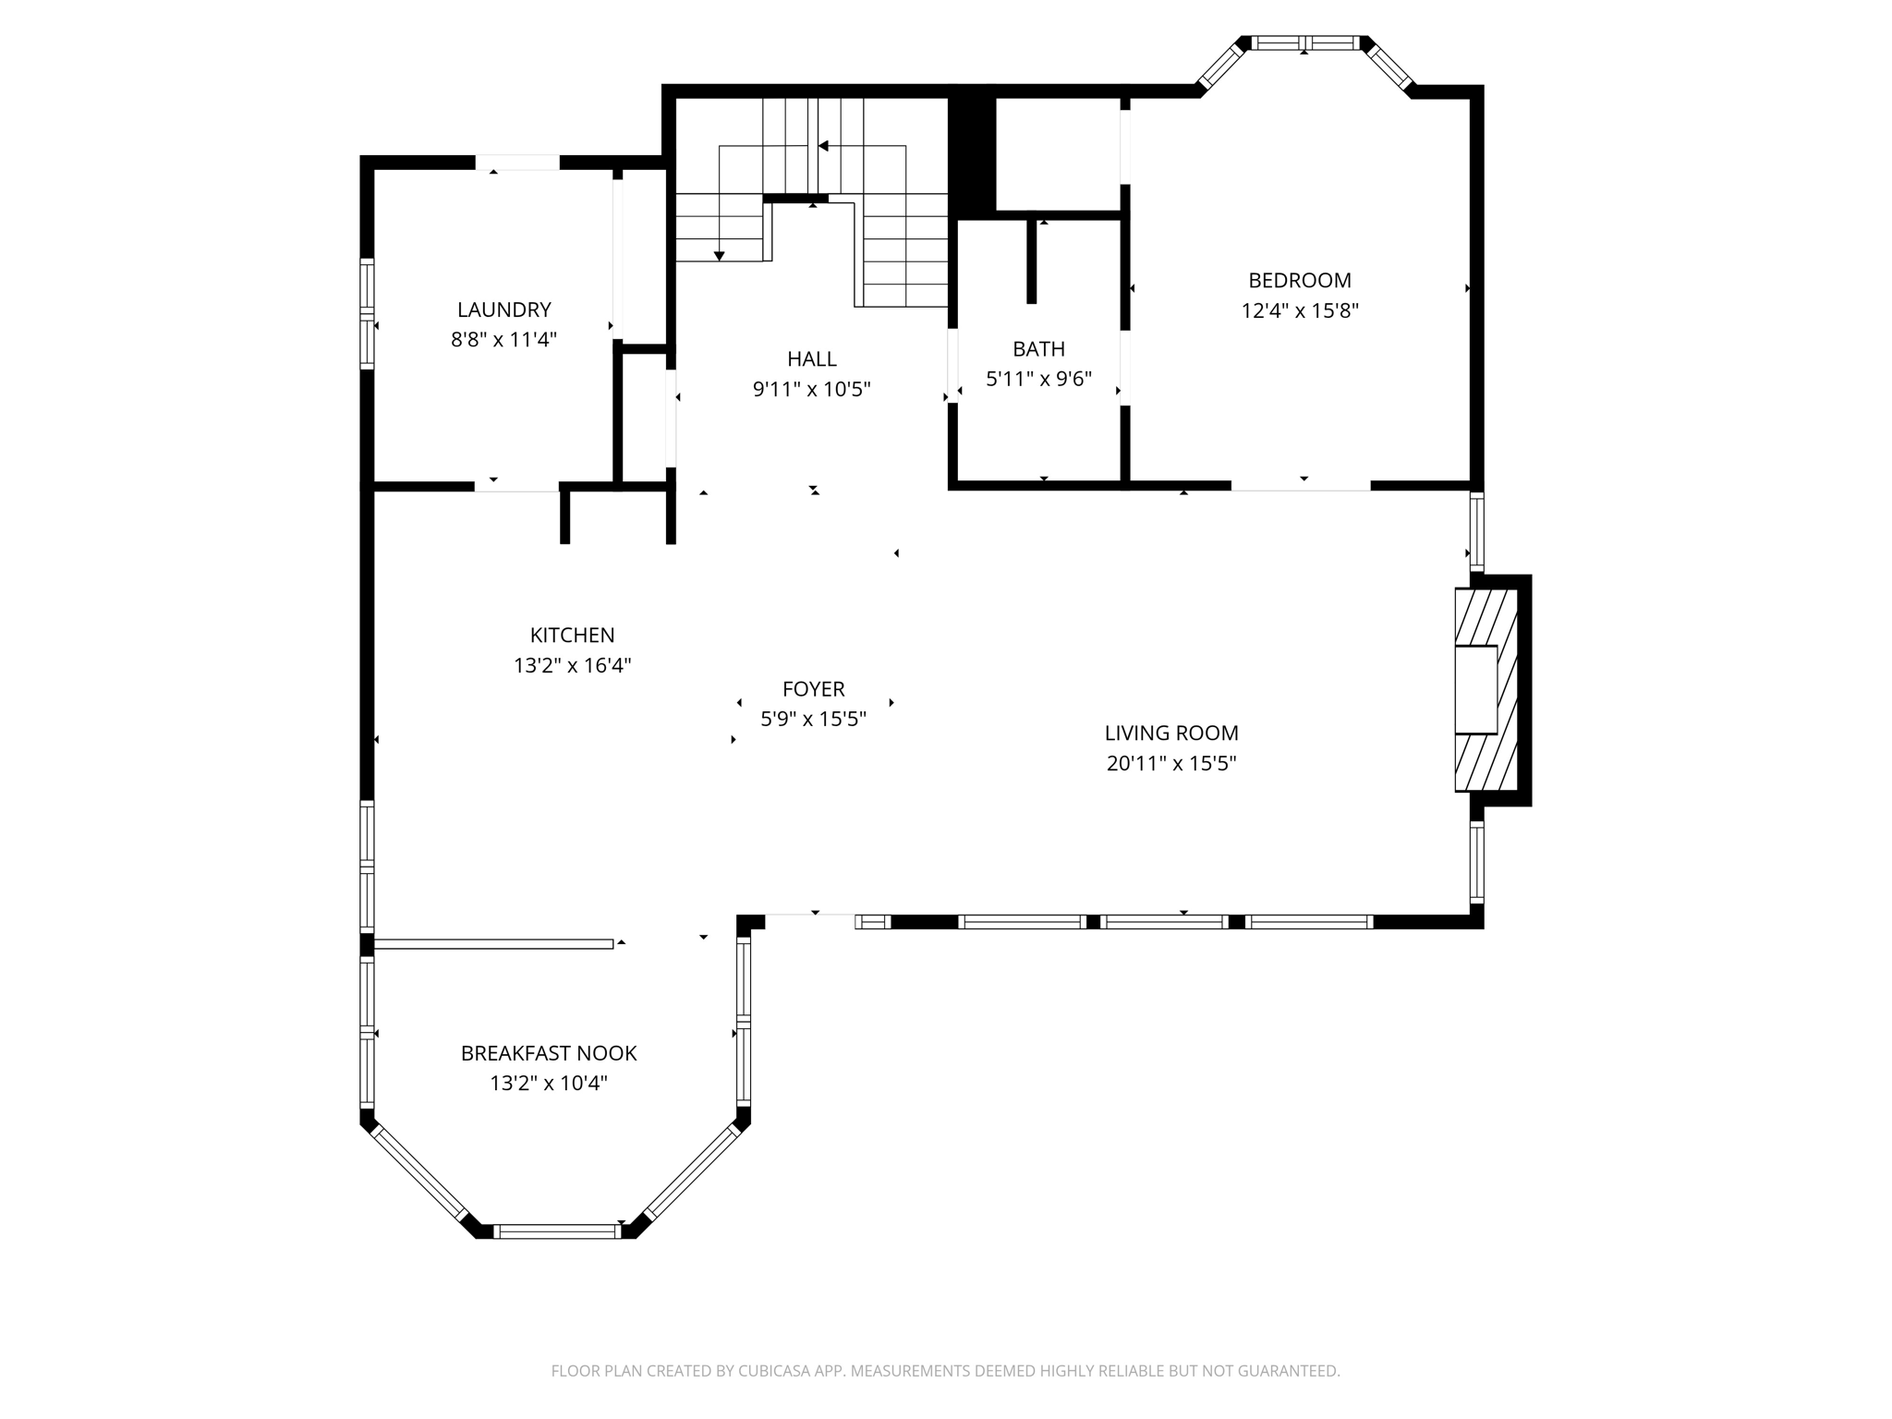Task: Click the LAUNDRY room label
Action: pos(503,309)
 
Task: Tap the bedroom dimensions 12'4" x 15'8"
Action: pos(1299,310)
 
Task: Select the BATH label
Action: pos(1038,349)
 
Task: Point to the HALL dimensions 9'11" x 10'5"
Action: pos(811,389)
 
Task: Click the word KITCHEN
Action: pos(572,636)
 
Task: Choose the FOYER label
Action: pos(813,689)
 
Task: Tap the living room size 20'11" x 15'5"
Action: pos(1170,763)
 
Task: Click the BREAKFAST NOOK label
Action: pos(549,1053)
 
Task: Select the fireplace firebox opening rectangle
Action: pos(1475,689)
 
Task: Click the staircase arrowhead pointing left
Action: pos(822,146)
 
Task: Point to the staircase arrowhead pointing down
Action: pos(719,256)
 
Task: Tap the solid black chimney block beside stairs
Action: pos(972,152)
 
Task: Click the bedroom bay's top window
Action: pos(1304,42)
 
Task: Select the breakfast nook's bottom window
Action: pos(557,1231)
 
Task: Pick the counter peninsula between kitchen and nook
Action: pos(493,943)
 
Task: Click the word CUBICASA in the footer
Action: pos(774,1371)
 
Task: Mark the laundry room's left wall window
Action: pos(367,314)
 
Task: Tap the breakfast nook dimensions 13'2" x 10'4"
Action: pos(549,1083)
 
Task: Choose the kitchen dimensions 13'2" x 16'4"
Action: pos(572,665)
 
